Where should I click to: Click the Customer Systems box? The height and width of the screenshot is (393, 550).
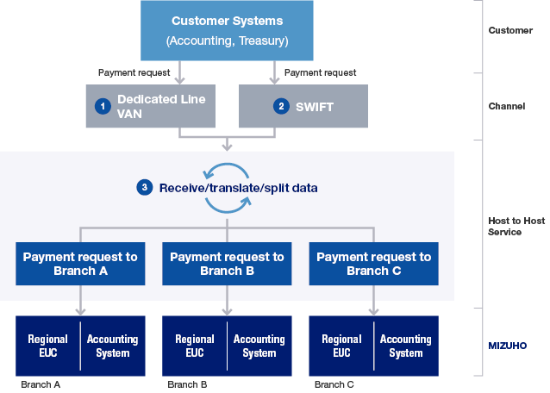click(227, 30)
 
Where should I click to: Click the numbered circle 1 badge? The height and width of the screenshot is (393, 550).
click(103, 106)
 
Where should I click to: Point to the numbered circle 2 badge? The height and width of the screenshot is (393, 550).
click(280, 106)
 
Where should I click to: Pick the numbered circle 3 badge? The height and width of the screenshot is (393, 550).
click(145, 187)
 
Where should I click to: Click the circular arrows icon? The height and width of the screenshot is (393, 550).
click(228, 187)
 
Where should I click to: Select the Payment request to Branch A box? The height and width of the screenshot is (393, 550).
click(80, 264)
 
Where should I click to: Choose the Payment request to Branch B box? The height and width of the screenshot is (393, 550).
click(227, 264)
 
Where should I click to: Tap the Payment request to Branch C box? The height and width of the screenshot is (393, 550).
click(373, 264)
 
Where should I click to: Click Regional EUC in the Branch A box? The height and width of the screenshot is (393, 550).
click(48, 346)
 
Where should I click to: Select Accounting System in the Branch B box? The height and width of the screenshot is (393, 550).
click(259, 346)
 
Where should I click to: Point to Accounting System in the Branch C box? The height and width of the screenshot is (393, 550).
click(406, 346)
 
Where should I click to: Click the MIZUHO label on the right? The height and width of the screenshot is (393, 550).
click(507, 346)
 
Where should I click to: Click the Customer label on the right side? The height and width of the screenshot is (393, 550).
click(509, 30)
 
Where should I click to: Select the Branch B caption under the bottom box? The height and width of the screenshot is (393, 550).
click(187, 384)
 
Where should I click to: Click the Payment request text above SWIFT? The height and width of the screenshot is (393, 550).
click(320, 73)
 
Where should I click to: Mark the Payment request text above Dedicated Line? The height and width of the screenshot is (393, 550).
click(134, 73)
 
